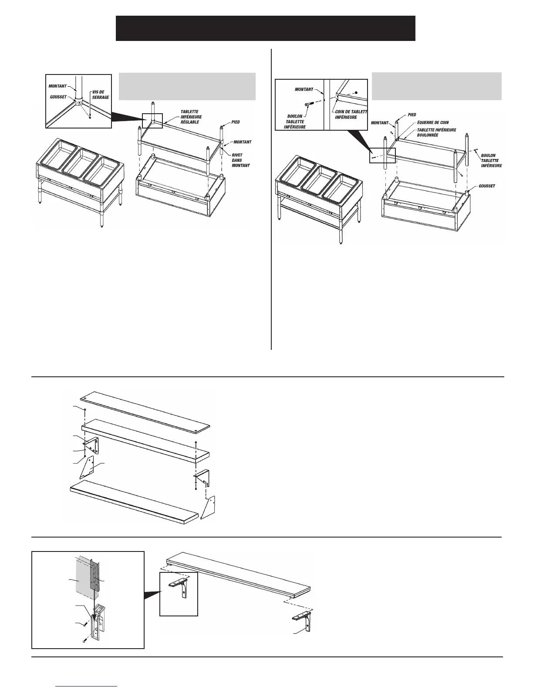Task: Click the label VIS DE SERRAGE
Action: click(101, 95)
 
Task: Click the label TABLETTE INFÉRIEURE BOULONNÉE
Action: click(436, 132)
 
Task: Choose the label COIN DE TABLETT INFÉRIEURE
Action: click(351, 114)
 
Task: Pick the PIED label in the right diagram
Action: click(412, 115)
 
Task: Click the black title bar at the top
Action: click(265, 28)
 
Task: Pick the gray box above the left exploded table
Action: click(187, 86)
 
